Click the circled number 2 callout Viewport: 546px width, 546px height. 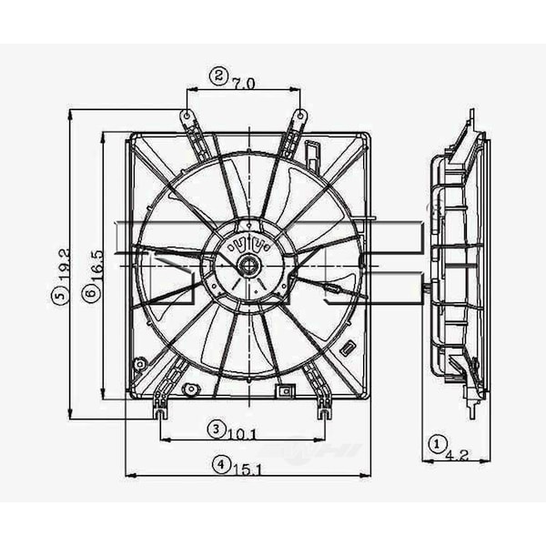[218, 76]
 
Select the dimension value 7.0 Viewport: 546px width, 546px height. [243, 83]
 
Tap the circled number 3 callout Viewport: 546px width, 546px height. [215, 428]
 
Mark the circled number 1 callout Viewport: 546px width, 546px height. [438, 445]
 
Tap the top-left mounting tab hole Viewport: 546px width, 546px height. [187, 116]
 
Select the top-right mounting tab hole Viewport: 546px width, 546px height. [301, 116]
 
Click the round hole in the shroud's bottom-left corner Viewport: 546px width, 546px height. [138, 365]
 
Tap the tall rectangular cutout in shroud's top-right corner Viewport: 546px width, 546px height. [312, 152]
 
